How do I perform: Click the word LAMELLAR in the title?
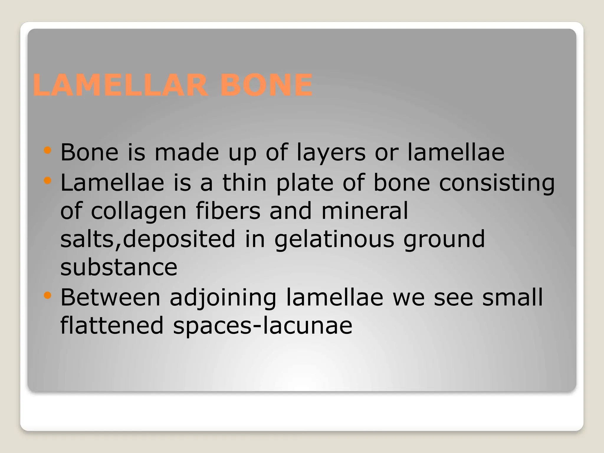click(120, 85)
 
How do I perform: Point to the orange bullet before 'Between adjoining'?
click(47, 295)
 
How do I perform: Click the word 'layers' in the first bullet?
click(331, 153)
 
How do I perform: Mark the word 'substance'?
click(119, 267)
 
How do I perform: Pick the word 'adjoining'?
click(223, 298)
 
